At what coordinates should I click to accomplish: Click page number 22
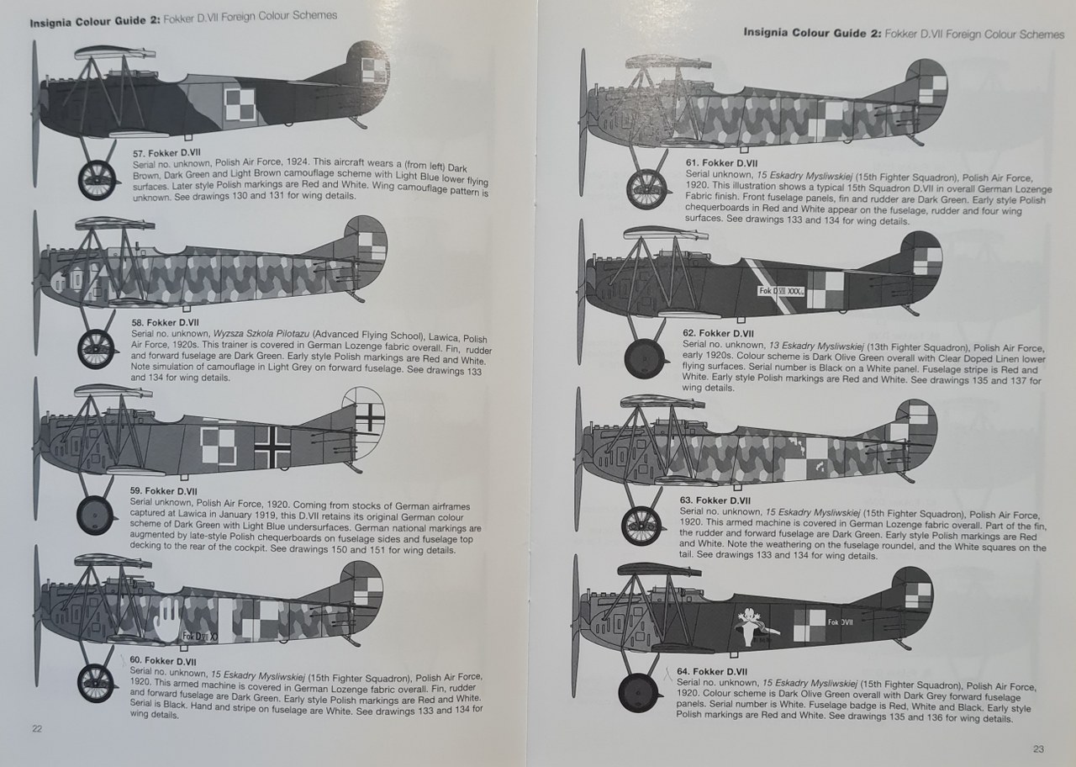pos(36,728)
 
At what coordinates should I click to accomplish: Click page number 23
pos(1038,748)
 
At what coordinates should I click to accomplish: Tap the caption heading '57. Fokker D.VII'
pos(167,152)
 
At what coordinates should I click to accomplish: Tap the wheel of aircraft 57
pos(98,179)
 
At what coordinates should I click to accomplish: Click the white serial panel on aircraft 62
pos(782,291)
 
